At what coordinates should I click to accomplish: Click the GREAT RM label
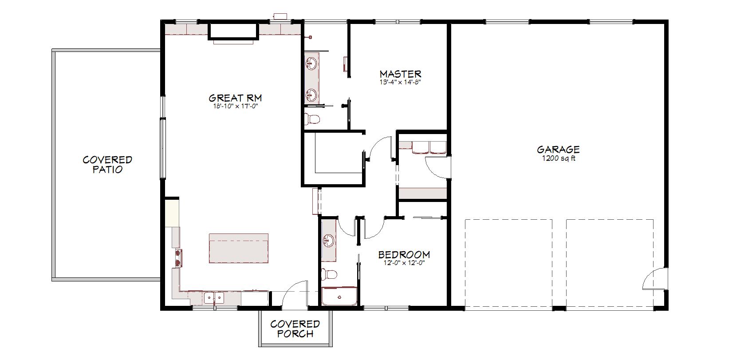235,98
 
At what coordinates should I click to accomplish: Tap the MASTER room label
400,74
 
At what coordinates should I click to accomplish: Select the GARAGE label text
558,150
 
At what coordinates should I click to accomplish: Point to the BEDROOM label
404,255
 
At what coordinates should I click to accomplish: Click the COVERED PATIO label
107,165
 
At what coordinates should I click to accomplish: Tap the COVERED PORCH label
295,329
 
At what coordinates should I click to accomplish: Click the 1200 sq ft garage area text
559,158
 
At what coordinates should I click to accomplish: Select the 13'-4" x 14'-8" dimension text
400,82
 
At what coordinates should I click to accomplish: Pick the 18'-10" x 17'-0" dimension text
235,106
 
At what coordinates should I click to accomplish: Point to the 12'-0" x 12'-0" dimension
404,263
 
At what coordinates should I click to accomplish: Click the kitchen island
239,248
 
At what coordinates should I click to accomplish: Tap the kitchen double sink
214,297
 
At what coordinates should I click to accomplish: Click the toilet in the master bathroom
312,118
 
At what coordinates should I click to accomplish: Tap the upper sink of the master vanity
311,63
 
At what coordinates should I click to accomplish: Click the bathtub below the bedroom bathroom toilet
339,296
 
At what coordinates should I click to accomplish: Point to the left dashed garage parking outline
508,263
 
